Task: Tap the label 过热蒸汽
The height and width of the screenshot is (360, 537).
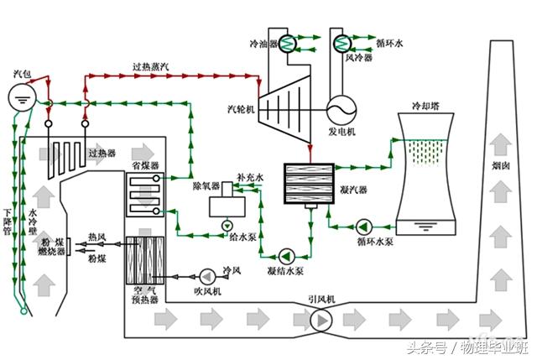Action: click(152, 66)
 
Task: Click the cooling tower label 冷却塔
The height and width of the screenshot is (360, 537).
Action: click(426, 107)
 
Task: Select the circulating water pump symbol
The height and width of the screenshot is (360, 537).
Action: click(364, 227)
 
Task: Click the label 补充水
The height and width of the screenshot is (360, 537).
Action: click(250, 178)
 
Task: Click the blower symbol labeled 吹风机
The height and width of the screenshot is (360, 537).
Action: click(206, 274)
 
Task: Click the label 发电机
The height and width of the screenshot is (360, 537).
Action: click(341, 132)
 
